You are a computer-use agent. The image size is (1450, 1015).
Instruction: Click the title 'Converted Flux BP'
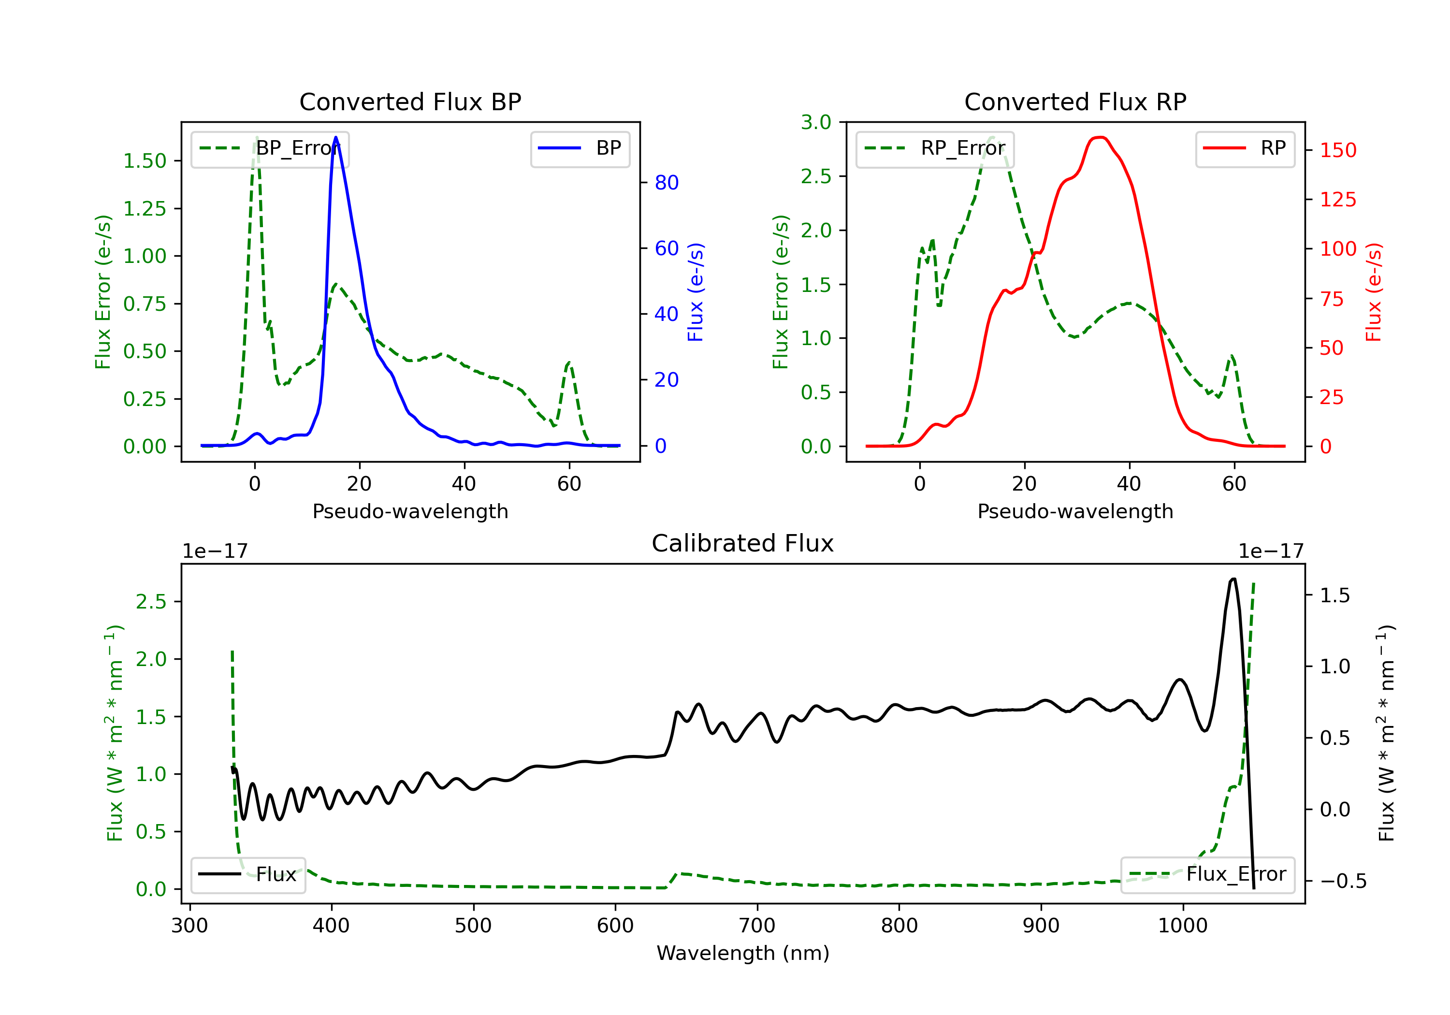click(410, 101)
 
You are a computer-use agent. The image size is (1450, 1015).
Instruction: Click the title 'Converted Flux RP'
click(1075, 101)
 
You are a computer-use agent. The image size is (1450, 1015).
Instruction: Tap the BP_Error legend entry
click(270, 148)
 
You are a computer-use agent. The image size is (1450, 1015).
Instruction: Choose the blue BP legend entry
click(580, 148)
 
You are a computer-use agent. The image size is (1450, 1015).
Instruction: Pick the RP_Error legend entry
click(935, 148)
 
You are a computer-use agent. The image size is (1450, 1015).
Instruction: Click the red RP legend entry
click(1245, 148)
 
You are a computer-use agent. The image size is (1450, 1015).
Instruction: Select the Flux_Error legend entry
click(1207, 874)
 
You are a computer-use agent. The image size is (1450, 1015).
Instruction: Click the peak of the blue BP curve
click(335, 137)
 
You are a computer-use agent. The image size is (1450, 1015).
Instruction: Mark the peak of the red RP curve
click(1101, 137)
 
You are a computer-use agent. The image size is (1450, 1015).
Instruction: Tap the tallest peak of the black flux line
click(1233, 579)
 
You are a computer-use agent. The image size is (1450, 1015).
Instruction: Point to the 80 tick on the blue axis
click(666, 183)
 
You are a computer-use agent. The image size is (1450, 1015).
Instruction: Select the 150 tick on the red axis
click(1337, 150)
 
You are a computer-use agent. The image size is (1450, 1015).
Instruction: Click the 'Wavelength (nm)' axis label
click(743, 953)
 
